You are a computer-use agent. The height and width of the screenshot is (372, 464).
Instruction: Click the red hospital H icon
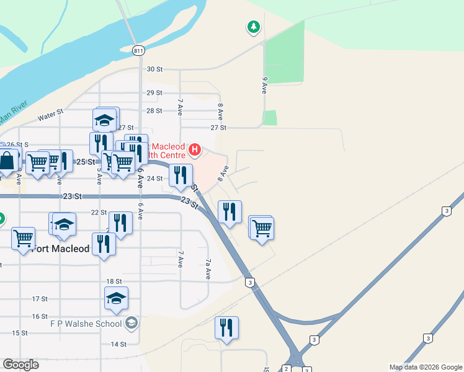(x=195, y=149)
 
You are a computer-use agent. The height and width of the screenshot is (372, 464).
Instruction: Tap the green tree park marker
(x=253, y=27)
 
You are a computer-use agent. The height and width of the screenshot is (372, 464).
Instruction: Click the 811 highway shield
(x=138, y=50)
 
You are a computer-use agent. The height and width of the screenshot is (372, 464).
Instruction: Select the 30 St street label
(x=154, y=69)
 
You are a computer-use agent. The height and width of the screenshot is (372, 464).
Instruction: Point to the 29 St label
(x=154, y=92)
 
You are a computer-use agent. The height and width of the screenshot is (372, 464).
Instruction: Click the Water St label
(x=51, y=115)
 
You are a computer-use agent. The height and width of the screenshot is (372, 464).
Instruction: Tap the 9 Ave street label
(x=264, y=85)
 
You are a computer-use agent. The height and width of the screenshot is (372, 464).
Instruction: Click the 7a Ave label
(x=208, y=269)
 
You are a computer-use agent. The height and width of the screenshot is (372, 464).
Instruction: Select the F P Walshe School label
(x=86, y=324)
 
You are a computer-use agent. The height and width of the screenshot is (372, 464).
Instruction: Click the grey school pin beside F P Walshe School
(x=132, y=322)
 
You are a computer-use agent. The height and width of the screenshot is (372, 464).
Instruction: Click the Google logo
(x=20, y=365)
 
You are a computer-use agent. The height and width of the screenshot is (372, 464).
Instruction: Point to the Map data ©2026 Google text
(x=425, y=367)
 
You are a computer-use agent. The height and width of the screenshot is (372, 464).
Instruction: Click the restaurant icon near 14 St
(x=226, y=327)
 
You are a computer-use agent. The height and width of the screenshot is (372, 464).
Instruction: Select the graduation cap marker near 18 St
(x=116, y=298)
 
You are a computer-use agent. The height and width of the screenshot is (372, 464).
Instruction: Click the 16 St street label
(x=40, y=316)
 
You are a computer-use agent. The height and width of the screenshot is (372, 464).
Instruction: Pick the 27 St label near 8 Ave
(x=218, y=127)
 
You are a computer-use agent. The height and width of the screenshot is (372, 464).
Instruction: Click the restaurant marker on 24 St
(x=181, y=175)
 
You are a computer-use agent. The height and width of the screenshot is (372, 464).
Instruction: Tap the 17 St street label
(x=40, y=299)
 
